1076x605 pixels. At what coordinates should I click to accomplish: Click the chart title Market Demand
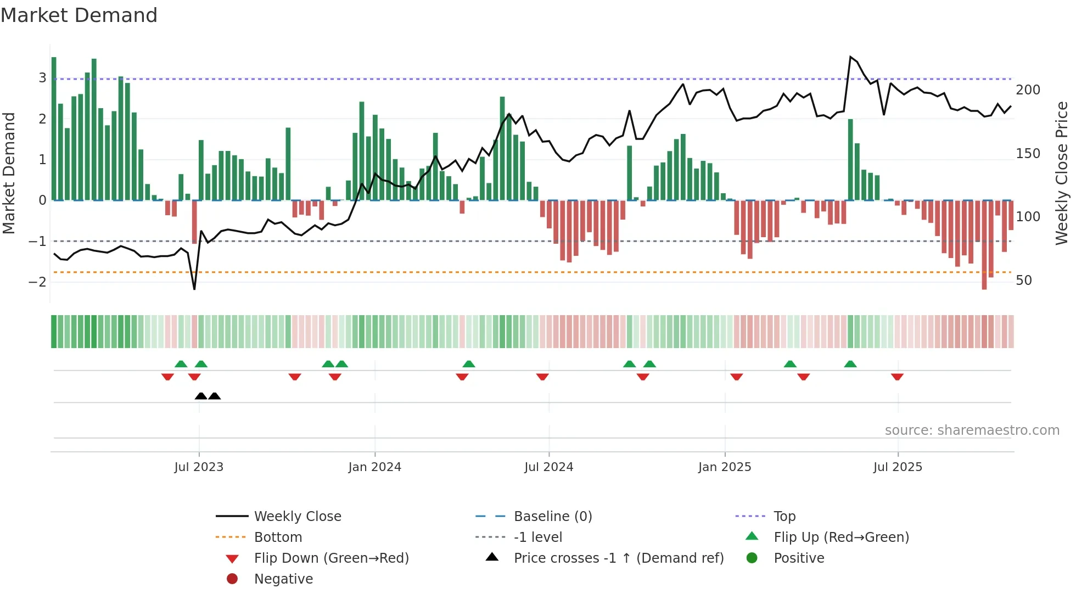(x=79, y=15)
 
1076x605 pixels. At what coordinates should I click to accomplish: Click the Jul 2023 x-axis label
(x=199, y=467)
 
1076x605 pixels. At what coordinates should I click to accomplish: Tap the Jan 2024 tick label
(x=374, y=467)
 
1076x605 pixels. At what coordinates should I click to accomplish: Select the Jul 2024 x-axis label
(x=548, y=467)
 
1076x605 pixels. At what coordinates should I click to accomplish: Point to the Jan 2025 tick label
(x=725, y=467)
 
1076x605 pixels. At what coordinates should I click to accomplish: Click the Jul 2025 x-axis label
(x=898, y=467)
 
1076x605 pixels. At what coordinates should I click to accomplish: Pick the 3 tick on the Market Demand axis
(x=42, y=78)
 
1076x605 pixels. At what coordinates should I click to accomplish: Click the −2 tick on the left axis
(x=37, y=282)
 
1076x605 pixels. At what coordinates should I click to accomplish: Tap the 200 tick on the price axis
(x=1028, y=90)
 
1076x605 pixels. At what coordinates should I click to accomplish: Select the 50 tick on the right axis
(x=1024, y=281)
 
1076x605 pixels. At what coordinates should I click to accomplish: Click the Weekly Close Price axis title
(x=1062, y=173)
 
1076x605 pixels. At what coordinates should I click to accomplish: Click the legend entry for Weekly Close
(x=297, y=517)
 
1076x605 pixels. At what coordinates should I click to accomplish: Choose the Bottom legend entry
(x=278, y=537)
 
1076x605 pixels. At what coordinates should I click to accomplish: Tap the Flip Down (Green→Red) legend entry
(x=331, y=558)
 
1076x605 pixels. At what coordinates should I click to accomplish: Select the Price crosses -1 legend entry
(x=618, y=558)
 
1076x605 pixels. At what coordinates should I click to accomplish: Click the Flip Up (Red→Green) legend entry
(x=841, y=537)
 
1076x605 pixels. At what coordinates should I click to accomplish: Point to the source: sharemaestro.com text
(x=972, y=430)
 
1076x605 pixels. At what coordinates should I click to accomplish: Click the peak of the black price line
(x=850, y=57)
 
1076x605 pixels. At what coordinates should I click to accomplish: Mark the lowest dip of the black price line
(x=194, y=289)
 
